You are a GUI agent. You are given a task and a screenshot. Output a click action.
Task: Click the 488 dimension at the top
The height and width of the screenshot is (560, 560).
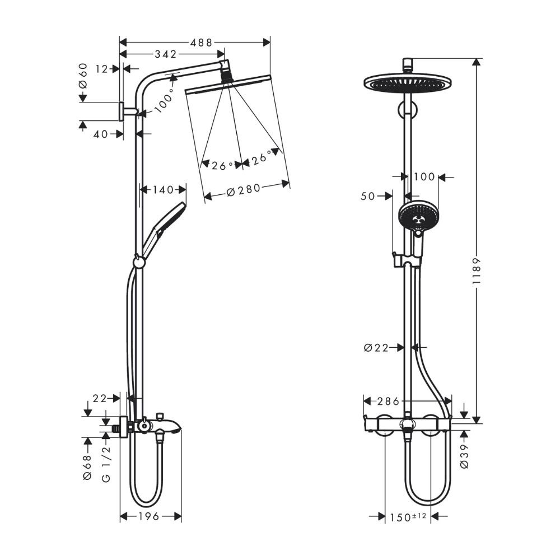[197, 42]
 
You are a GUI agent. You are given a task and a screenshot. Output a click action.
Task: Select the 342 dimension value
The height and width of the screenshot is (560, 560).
[166, 54]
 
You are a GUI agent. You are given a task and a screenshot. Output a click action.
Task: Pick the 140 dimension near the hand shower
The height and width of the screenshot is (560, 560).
[163, 190]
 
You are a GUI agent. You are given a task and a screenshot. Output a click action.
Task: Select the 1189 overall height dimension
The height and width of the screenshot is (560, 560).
[477, 272]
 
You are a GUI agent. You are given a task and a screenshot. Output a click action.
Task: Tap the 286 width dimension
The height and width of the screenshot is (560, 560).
[388, 401]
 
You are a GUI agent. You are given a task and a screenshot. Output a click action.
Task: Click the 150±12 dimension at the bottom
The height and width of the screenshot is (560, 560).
[407, 517]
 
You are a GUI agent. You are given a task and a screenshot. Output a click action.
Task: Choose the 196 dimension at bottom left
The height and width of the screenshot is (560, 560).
[150, 516]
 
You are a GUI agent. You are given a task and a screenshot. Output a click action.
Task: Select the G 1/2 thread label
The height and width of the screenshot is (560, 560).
[106, 464]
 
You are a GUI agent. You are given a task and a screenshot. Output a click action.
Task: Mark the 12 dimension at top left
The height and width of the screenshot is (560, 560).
[101, 69]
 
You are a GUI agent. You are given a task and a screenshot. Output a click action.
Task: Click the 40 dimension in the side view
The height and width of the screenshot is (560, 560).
[101, 134]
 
